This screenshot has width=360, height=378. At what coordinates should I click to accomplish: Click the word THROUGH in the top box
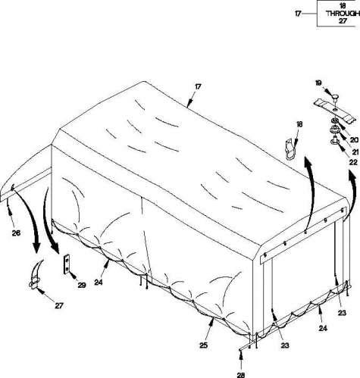tap(343, 14)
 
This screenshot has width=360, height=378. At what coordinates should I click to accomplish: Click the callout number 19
tap(319, 83)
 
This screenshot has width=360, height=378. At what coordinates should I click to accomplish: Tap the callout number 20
tap(354, 140)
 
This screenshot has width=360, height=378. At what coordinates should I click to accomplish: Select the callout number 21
tap(355, 152)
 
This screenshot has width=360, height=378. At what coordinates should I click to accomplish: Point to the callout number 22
tap(353, 162)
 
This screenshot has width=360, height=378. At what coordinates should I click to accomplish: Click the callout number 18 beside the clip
tap(299, 124)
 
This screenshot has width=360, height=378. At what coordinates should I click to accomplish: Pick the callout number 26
tap(16, 233)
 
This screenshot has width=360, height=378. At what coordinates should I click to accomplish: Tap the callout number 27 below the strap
tap(59, 306)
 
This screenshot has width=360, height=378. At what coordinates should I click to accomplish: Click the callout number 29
tap(82, 285)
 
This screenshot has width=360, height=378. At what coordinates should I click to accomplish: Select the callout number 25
tap(204, 345)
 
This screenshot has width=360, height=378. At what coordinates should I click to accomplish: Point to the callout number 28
tap(241, 375)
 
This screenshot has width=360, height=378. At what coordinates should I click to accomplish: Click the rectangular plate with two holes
tap(67, 264)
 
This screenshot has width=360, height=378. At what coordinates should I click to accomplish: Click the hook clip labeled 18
tap(290, 149)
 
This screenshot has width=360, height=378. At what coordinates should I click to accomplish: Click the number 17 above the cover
tap(198, 86)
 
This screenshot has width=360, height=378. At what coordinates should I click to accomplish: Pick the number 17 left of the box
tap(299, 14)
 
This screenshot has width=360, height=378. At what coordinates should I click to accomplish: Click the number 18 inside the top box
tap(343, 6)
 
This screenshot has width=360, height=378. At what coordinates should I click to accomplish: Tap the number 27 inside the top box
tap(343, 21)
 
